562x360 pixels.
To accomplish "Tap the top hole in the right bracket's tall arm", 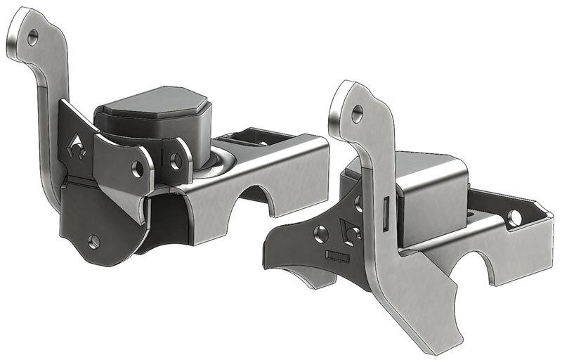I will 358,111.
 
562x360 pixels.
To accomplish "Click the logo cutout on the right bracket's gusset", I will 349,231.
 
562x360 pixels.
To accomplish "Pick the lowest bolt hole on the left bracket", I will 94,241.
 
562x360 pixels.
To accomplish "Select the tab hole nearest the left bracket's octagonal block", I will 176,161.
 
